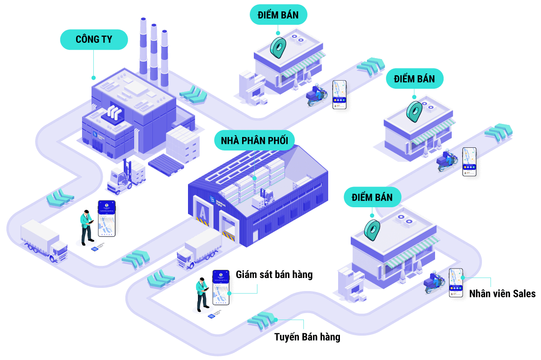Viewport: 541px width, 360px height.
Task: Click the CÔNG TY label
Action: coord(94,40)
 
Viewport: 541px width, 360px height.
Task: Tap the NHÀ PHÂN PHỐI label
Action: coord(254,141)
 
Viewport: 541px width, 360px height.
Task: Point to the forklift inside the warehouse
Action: coord(266,199)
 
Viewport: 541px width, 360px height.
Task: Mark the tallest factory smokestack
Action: coord(143,45)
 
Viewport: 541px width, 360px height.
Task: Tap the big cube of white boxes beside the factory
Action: coord(183,143)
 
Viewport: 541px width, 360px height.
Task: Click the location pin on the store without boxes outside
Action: coord(414,111)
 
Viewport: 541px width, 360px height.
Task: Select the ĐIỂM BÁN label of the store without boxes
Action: coord(414,79)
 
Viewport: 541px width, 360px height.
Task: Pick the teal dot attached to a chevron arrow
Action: coord(275,320)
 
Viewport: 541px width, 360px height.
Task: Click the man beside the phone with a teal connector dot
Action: coord(201,294)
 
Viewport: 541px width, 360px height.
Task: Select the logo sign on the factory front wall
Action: coord(95,135)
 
